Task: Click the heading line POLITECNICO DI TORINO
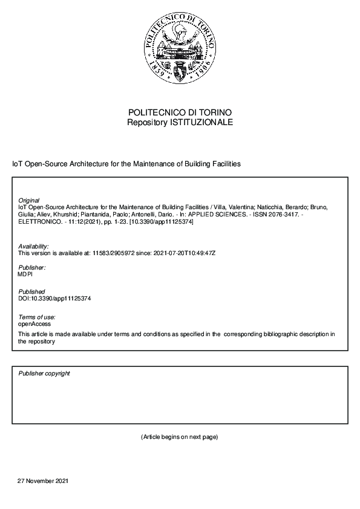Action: point(180,112)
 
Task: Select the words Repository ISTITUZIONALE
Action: point(180,122)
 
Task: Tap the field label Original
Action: point(29,200)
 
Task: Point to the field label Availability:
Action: point(34,246)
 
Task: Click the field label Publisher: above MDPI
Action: point(32,267)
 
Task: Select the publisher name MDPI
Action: point(26,274)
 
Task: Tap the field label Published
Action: point(31,292)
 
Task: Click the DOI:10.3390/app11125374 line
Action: point(54,299)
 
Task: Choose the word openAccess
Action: point(34,324)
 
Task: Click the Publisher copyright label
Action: point(44,374)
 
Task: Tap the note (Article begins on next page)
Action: point(179,436)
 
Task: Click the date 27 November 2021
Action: point(43,481)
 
